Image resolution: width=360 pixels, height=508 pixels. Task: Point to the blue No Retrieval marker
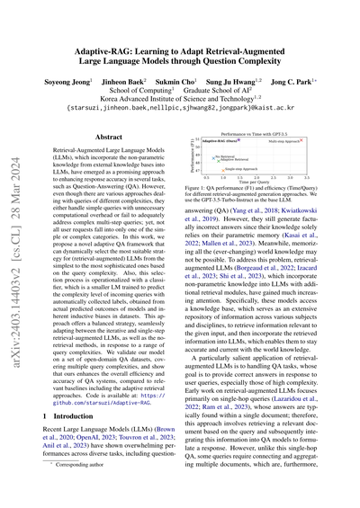212,156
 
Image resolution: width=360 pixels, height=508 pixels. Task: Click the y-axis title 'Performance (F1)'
205,156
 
